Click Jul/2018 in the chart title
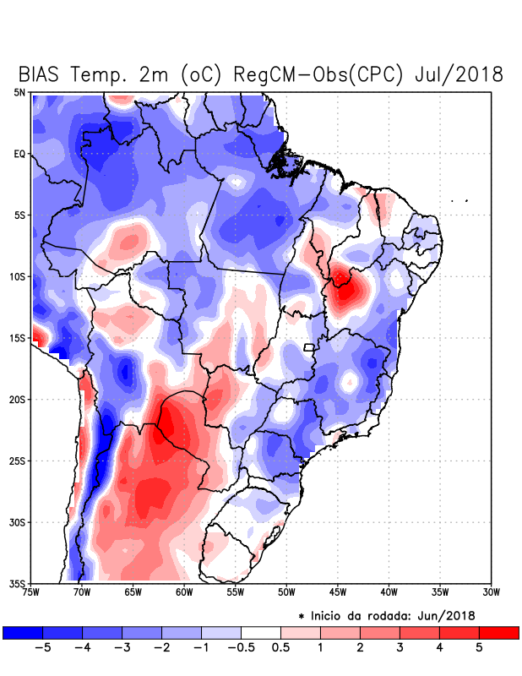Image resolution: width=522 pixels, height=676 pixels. point(459,74)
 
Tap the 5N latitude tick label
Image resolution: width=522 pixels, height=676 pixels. point(19,92)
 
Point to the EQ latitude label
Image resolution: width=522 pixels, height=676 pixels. point(19,154)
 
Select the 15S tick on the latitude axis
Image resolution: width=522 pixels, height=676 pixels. point(18,338)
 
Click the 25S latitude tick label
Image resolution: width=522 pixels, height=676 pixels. point(18,461)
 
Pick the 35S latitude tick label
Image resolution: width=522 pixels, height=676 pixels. point(18,583)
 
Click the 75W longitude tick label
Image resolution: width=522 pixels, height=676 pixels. point(30,592)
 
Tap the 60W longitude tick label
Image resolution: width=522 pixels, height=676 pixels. point(184,592)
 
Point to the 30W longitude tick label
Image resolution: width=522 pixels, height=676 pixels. point(492,592)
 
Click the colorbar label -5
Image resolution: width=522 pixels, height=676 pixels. point(41,647)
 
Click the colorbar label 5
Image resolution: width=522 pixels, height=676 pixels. point(479,647)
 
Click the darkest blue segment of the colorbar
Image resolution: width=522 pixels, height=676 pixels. point(22,632)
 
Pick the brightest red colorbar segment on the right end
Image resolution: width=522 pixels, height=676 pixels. point(498,632)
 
